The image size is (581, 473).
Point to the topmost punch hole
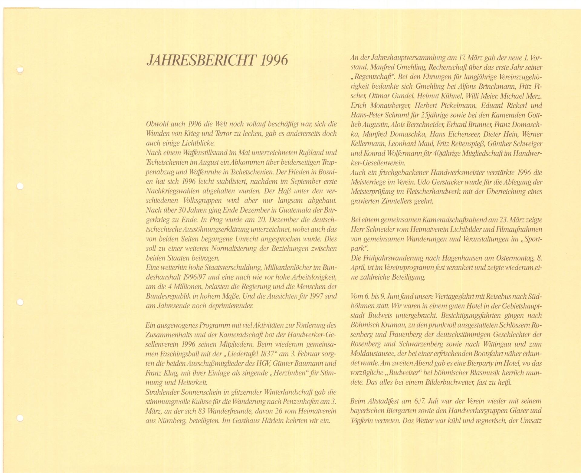point(20,70)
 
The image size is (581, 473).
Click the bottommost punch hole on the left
point(20,418)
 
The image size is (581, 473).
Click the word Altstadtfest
point(380,402)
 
